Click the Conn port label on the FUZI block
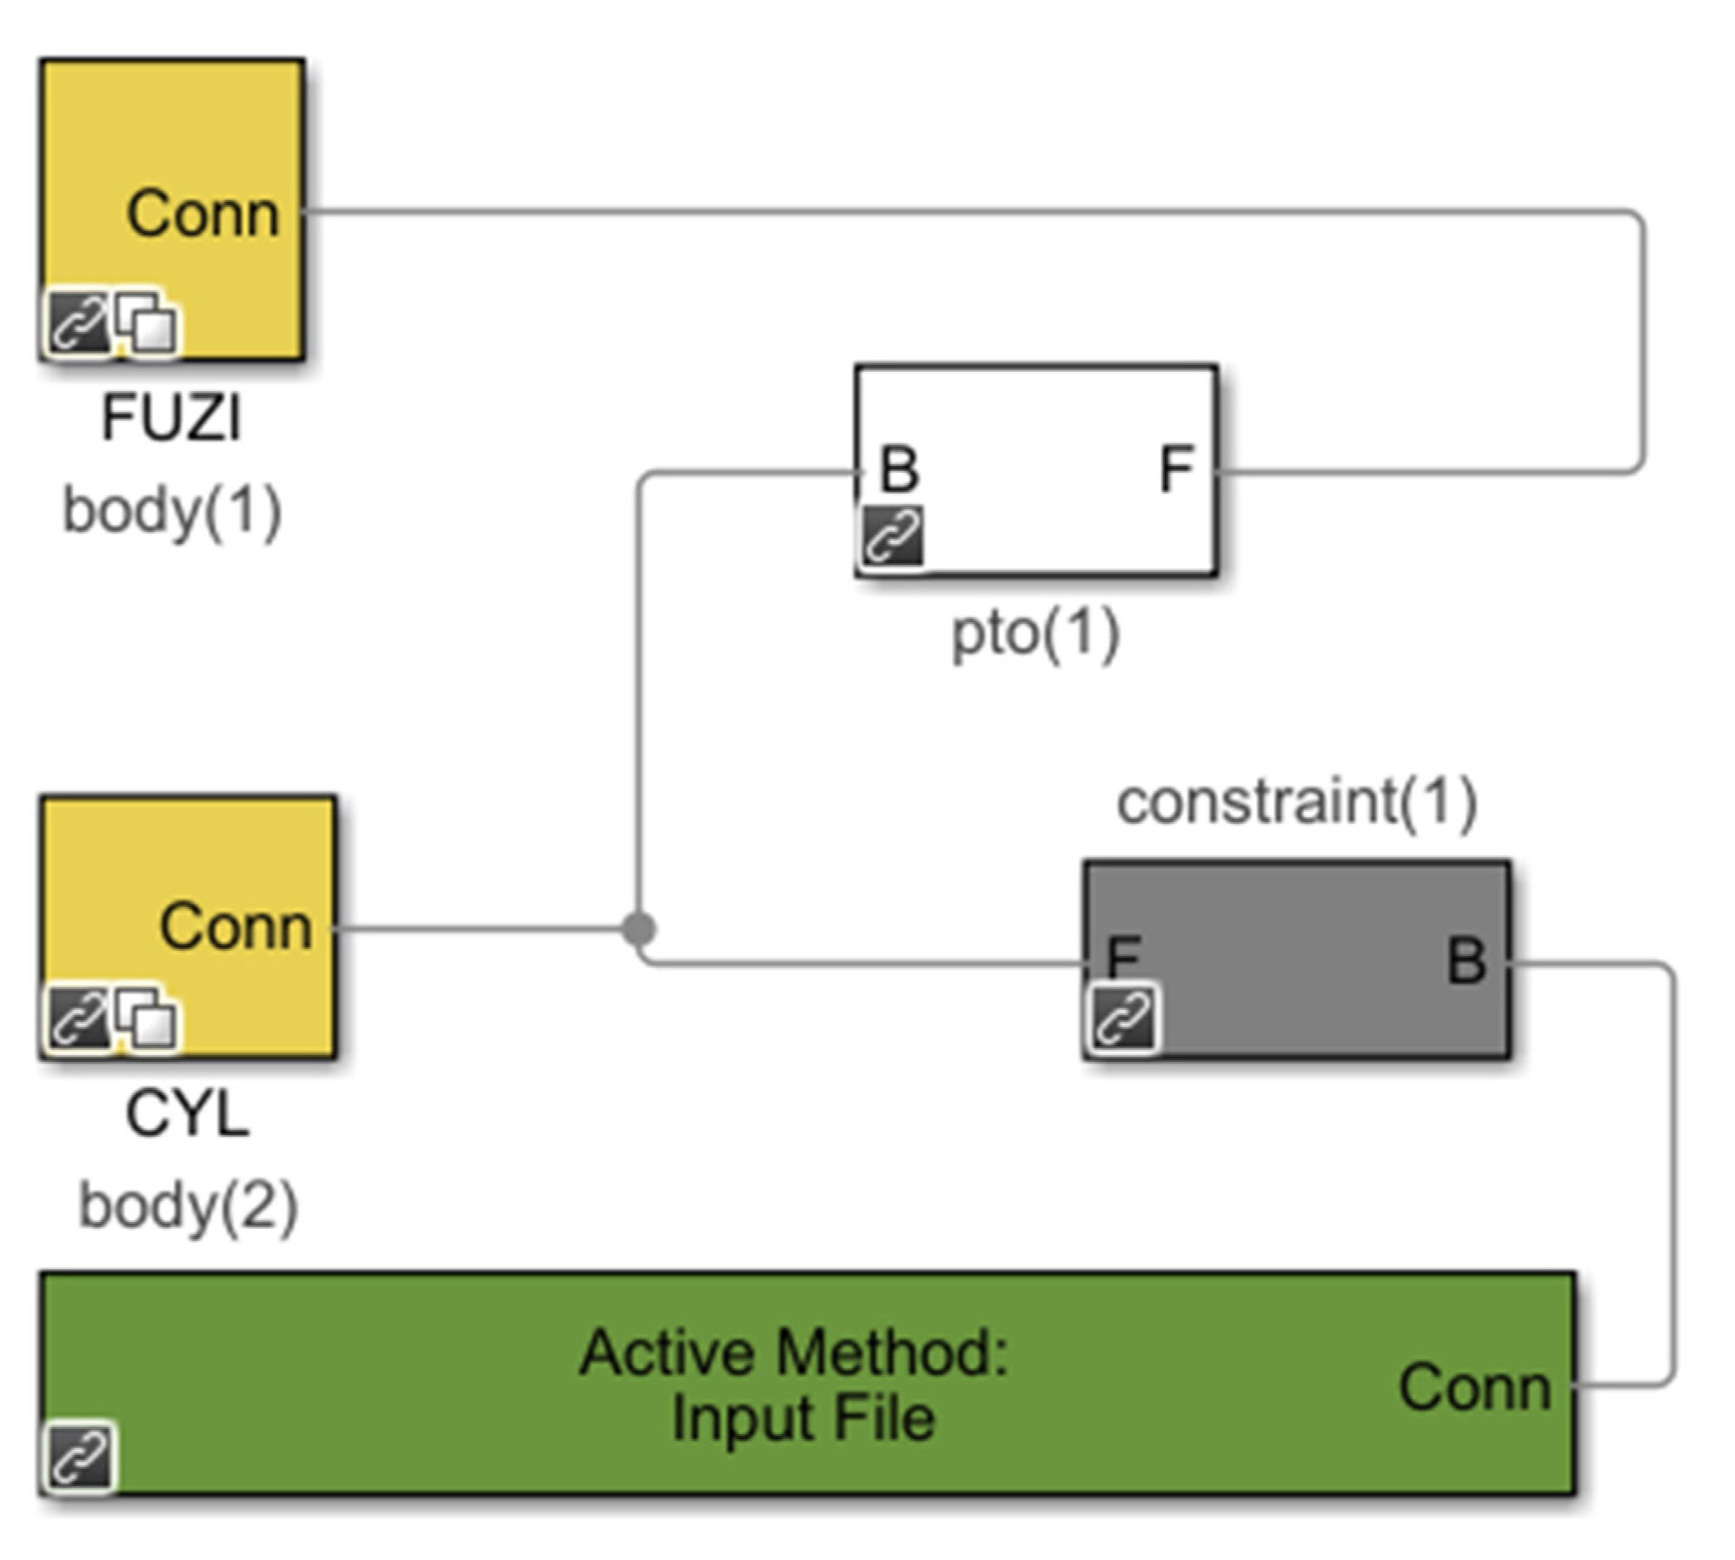pyautogui.click(x=203, y=213)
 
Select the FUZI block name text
pyautogui.click(x=171, y=418)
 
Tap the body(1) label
pyautogui.click(x=172, y=511)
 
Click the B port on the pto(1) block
pyautogui.click(x=899, y=469)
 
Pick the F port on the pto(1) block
pyautogui.click(x=1177, y=469)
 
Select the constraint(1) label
pyautogui.click(x=1296, y=801)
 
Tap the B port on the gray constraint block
pyautogui.click(x=1466, y=961)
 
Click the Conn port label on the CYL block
pyautogui.click(x=236, y=926)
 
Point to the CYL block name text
pyautogui.click(x=187, y=1113)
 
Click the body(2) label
pyautogui.click(x=188, y=1206)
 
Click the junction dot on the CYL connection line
pyautogui.click(x=639, y=929)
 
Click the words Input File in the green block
pyautogui.click(x=802, y=1418)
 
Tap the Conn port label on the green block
pyautogui.click(x=1474, y=1388)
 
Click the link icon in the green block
pyautogui.click(x=79, y=1457)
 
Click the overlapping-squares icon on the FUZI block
pyautogui.click(x=147, y=322)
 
